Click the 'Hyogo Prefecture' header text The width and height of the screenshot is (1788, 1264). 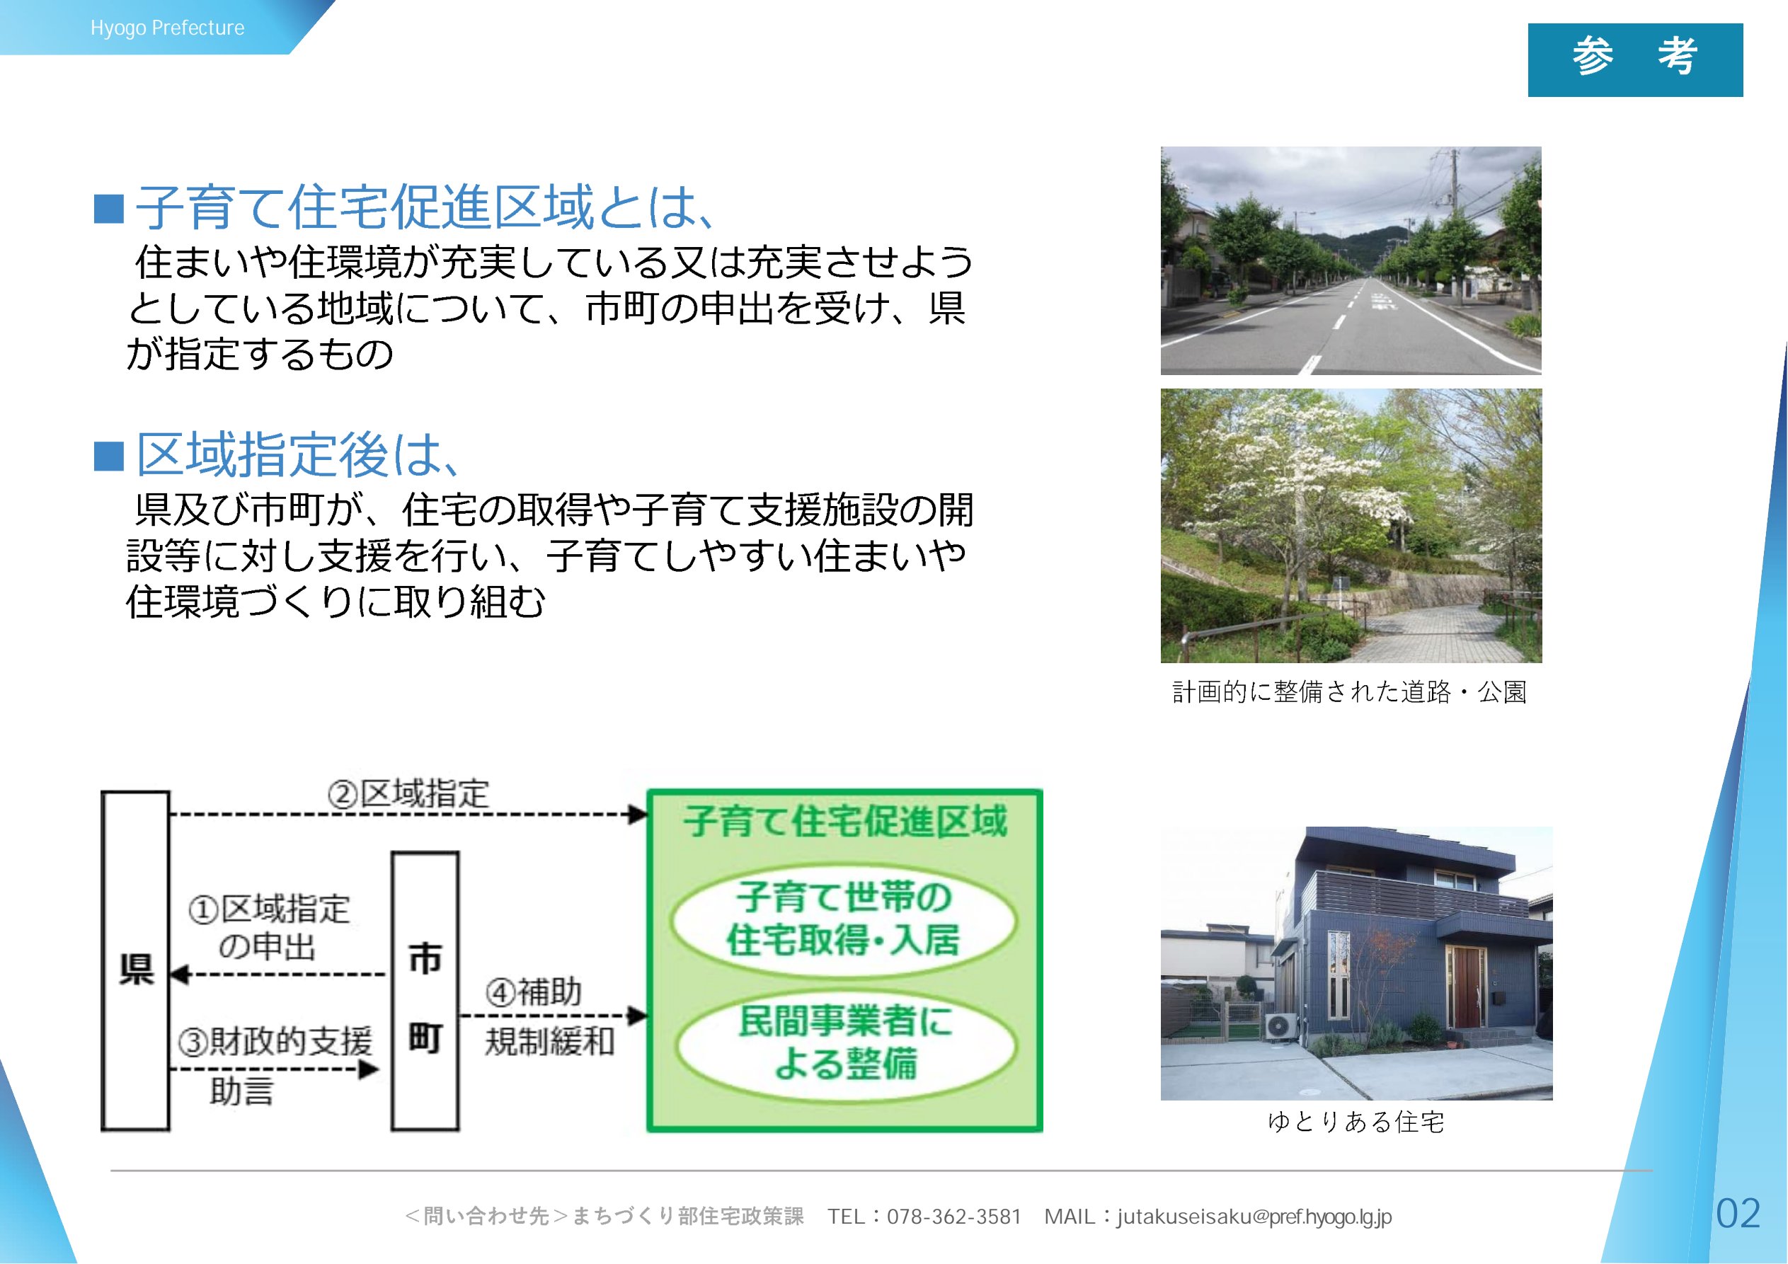point(168,28)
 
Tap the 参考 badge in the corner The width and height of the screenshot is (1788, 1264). point(1634,60)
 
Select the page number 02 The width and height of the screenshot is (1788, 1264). point(1738,1213)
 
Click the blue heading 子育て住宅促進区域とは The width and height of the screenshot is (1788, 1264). point(425,207)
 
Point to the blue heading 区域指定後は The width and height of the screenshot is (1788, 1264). point(298,455)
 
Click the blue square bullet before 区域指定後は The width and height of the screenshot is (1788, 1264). point(109,456)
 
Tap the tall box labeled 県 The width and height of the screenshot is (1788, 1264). point(135,960)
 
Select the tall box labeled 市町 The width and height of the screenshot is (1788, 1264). point(425,991)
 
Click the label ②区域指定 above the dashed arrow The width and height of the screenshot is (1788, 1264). point(408,793)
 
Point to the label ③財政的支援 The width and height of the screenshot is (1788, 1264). point(275,1041)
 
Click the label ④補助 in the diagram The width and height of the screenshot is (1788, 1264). point(534,992)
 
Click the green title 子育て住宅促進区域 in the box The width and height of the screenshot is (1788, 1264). point(846,822)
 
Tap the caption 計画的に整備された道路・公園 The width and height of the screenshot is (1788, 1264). point(1350,691)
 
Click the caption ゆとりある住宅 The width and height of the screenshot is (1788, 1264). point(1356,1122)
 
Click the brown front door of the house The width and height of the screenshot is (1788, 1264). point(1466,987)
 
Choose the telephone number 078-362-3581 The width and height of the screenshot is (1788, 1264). point(954,1217)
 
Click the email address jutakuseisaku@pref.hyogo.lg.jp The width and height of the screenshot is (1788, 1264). point(1254,1217)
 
